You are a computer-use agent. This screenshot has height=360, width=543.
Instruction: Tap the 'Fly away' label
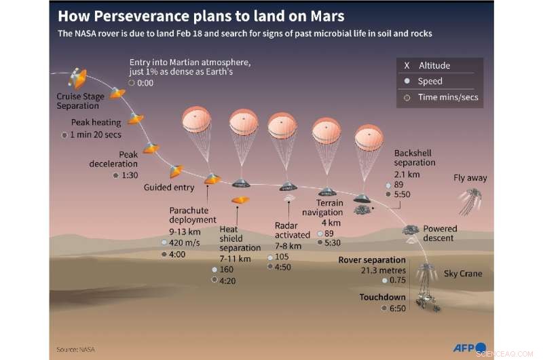coord(470,178)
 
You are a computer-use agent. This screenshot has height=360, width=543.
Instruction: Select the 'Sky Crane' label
coord(463,274)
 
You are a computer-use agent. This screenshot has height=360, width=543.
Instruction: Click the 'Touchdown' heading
coord(383,297)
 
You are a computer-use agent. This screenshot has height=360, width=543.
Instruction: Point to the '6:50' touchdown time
coord(396,308)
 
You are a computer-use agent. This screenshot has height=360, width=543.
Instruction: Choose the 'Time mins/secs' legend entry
coord(448,97)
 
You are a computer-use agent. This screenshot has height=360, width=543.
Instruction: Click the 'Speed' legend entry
coord(430,82)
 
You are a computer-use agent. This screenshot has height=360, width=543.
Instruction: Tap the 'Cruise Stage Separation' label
coord(80,101)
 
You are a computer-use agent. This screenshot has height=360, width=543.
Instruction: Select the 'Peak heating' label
coord(96,123)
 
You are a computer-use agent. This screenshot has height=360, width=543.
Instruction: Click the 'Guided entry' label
coord(169,187)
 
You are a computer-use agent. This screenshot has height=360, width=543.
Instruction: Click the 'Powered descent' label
coord(440,234)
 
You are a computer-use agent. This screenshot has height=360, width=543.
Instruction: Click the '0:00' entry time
coord(145,84)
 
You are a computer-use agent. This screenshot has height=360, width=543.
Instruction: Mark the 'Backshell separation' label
coord(414,158)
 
